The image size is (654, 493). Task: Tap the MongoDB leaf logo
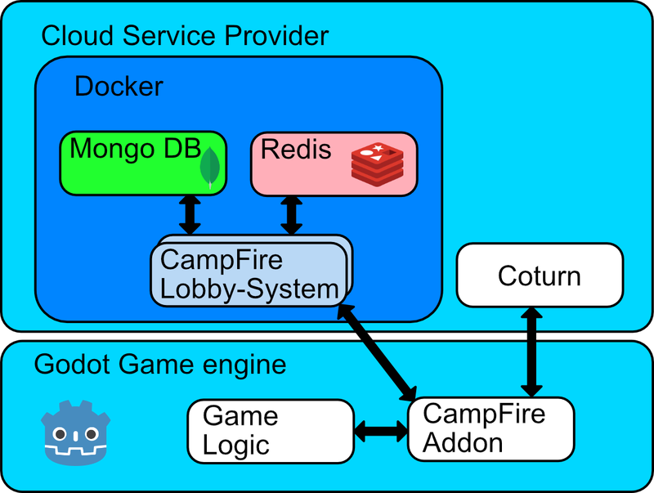coord(211,166)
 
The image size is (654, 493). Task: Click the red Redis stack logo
coord(378,162)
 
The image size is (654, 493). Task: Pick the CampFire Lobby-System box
coord(249,275)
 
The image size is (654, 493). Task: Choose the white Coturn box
coord(540,276)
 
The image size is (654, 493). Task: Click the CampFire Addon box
coord(490,428)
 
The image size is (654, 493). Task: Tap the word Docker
coord(119,86)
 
